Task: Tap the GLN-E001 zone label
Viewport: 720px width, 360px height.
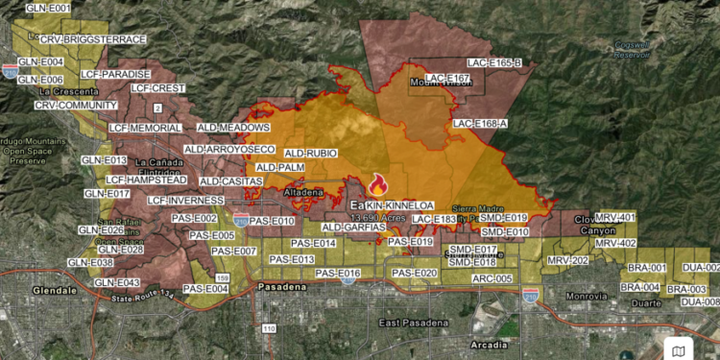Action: (48, 9)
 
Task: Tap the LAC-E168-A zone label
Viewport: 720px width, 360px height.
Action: (480, 124)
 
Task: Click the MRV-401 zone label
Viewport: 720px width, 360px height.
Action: (615, 218)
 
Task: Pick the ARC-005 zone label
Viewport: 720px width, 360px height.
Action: (492, 278)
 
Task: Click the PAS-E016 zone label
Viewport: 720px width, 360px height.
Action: (337, 274)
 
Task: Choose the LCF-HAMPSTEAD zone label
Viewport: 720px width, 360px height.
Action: (146, 180)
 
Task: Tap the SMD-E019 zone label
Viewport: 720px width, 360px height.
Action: (503, 218)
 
